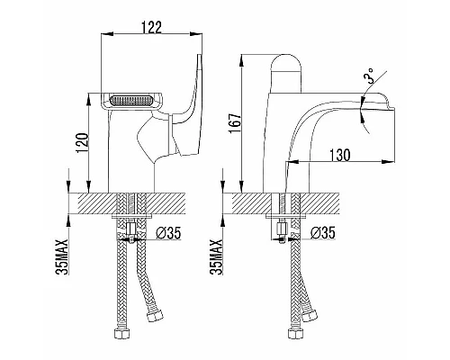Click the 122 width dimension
[x=151, y=28]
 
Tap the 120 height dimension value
[x=83, y=143]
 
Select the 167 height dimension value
[x=236, y=122]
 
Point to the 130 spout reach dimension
[x=340, y=155]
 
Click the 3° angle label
[x=369, y=76]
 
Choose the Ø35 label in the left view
[x=169, y=232]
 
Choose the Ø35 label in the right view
[x=322, y=232]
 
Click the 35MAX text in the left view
[x=62, y=257]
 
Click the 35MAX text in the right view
[x=216, y=257]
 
